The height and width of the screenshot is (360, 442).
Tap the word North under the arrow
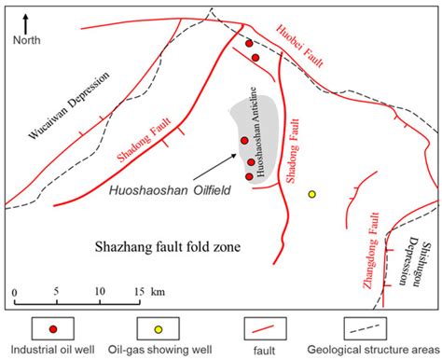(27, 40)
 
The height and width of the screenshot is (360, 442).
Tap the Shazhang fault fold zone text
(169, 247)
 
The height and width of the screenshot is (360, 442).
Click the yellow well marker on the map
(312, 194)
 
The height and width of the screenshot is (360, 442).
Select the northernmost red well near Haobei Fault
(249, 43)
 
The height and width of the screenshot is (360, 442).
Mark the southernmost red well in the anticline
(249, 175)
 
